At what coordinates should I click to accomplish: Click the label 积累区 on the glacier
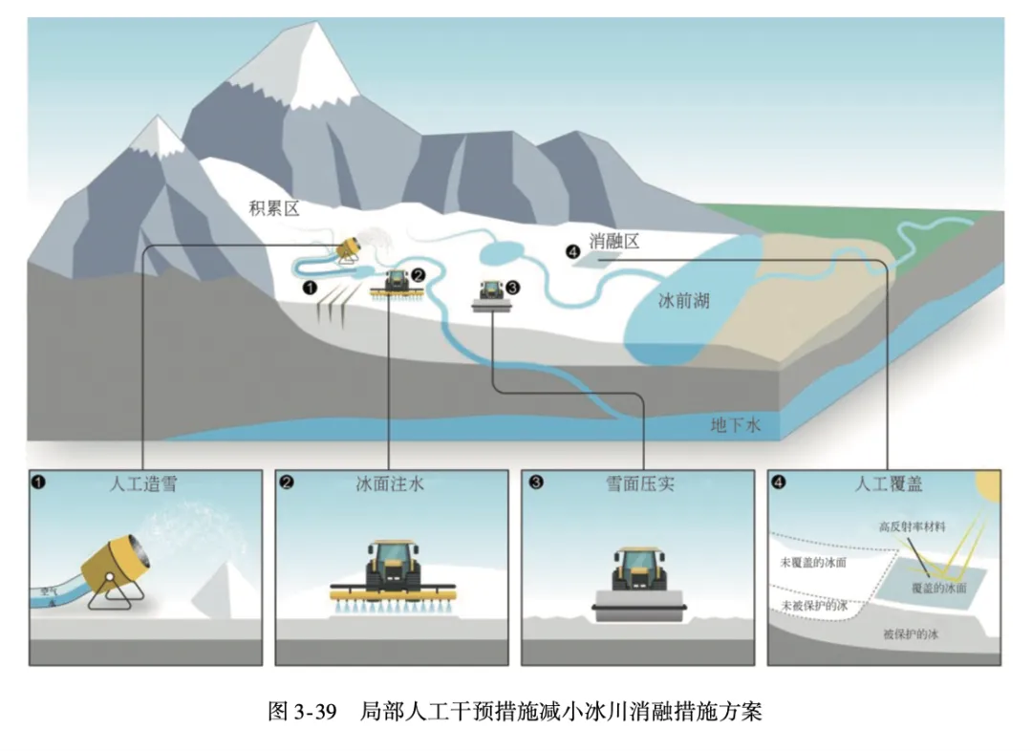274,208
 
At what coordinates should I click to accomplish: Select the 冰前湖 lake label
683,300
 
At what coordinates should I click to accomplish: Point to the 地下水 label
735,426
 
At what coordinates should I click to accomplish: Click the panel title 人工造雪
143,483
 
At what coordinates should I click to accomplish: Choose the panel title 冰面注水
390,483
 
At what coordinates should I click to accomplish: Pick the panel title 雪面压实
639,483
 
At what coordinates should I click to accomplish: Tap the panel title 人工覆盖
888,483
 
